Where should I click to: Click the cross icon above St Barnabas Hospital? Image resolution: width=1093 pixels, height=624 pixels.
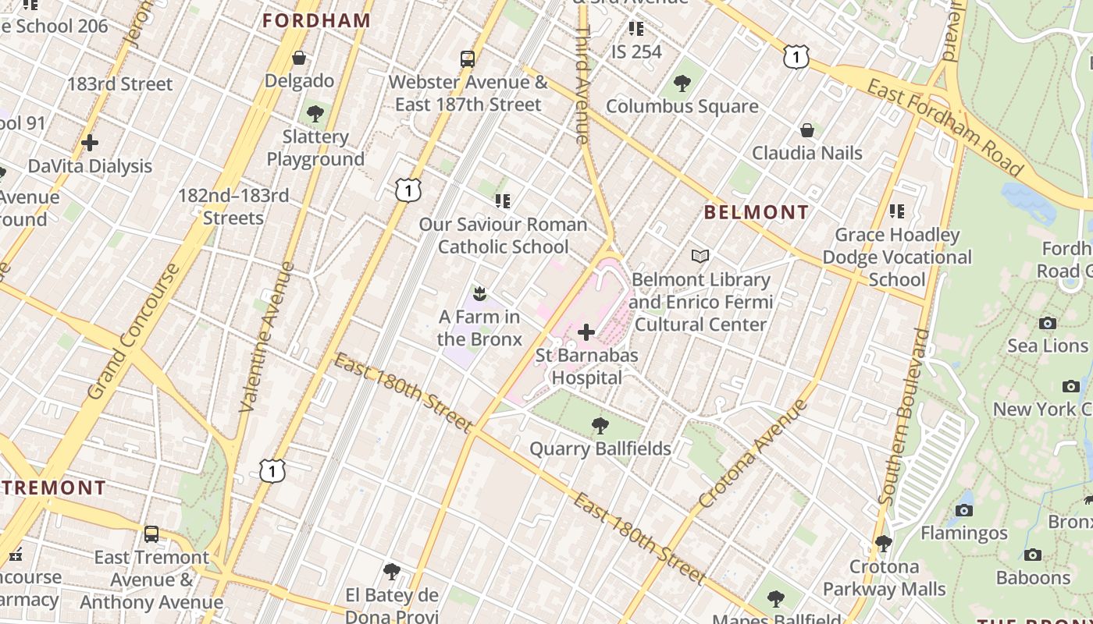tap(586, 333)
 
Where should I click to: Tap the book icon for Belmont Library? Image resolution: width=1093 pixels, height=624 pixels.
tap(700, 256)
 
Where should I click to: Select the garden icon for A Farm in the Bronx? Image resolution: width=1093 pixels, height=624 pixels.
tap(479, 294)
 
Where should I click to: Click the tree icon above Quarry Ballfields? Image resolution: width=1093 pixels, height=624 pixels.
tap(600, 426)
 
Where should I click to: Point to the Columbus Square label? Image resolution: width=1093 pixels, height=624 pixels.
tap(682, 106)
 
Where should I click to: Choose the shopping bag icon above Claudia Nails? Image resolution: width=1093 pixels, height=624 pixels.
tap(806, 129)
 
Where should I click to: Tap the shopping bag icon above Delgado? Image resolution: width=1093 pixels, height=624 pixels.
tap(298, 58)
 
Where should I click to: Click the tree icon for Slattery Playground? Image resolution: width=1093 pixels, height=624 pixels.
tap(315, 114)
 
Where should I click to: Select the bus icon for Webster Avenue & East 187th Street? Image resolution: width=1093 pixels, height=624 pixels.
tap(467, 59)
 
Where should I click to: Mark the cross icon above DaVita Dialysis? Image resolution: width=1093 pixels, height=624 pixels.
tap(90, 143)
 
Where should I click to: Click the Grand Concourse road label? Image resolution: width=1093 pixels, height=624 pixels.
tap(134, 331)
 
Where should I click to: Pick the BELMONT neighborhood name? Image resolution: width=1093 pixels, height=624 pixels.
tap(757, 212)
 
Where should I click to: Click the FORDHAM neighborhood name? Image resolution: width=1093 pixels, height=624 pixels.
tap(316, 21)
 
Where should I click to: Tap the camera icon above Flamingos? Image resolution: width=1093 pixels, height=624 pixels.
tap(963, 510)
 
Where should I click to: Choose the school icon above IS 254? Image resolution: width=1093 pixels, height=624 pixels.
tap(636, 29)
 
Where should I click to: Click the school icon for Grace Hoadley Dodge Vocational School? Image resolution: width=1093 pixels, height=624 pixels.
tap(897, 211)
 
